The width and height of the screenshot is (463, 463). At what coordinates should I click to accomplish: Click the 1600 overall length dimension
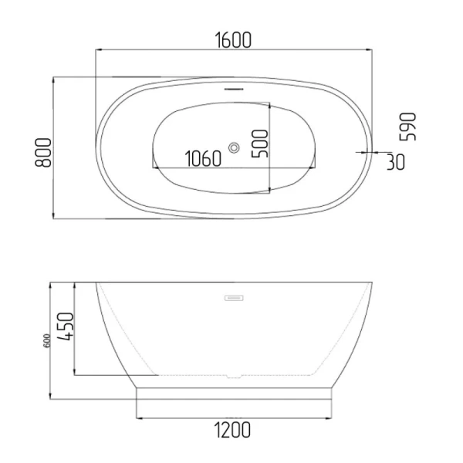coord(233,40)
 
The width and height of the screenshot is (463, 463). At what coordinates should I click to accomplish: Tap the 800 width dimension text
coord(43,152)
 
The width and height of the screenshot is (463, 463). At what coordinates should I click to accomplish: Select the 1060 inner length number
coord(203,158)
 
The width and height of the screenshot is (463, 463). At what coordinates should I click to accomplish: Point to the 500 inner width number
coord(259,144)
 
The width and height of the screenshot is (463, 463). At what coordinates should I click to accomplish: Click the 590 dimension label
coord(407,127)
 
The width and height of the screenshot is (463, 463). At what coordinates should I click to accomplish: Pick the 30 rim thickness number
coord(396,162)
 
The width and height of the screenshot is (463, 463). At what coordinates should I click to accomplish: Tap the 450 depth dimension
coord(65,326)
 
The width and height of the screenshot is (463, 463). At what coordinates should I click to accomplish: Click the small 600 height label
coord(47,340)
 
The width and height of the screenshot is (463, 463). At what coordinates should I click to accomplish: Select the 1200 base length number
coord(232,430)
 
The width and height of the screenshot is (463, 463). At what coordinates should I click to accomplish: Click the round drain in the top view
coord(234,147)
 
